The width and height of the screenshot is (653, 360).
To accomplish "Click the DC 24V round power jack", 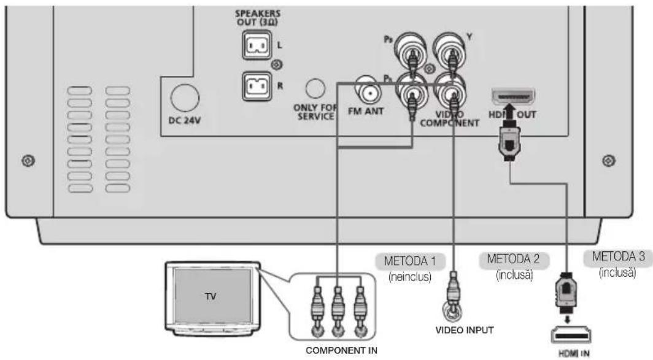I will point(184,96).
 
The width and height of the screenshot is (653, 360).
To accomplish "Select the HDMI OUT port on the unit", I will point(513,98).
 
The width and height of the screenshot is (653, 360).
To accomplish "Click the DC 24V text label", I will point(184,120).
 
